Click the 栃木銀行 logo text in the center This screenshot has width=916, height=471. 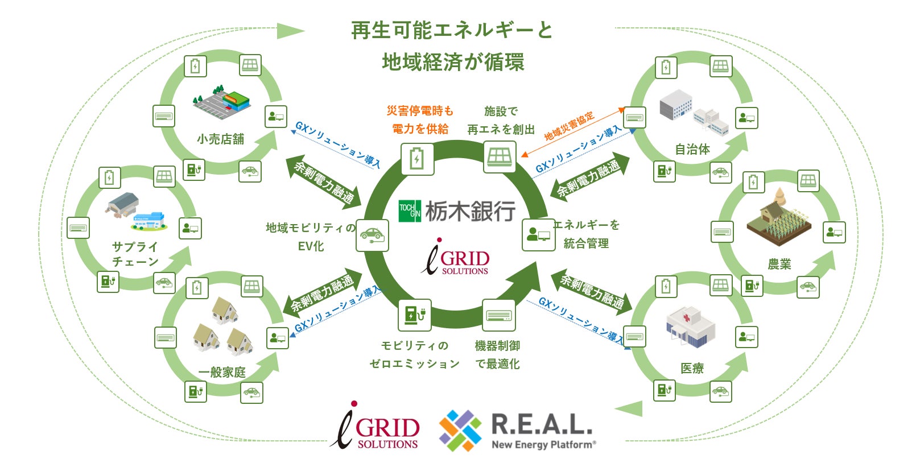[470, 211]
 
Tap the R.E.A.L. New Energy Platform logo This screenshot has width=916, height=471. [518, 431]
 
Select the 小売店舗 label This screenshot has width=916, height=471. [221, 139]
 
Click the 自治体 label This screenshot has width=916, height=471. [692, 150]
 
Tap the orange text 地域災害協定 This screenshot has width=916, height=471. [569, 126]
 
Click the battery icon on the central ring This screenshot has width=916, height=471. [417, 159]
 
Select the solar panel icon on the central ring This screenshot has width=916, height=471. [500, 156]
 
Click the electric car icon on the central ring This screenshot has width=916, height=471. [372, 235]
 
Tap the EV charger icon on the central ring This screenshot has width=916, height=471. [414, 315]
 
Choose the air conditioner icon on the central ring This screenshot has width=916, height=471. [499, 315]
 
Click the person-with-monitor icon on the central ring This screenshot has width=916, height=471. [538, 234]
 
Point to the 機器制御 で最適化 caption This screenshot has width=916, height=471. [497, 354]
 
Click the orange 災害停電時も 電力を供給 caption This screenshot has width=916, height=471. [420, 120]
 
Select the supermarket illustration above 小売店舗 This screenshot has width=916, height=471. [222, 100]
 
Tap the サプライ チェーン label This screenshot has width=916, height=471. [135, 254]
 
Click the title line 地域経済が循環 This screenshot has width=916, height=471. [453, 62]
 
